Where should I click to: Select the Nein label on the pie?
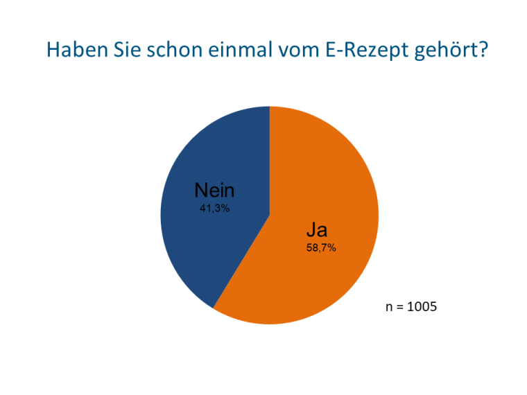(x=214, y=190)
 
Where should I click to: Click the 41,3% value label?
(x=214, y=208)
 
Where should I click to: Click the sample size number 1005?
(x=422, y=306)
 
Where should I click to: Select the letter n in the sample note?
(x=389, y=306)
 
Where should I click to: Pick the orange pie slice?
(x=326, y=173)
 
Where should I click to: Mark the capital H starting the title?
(x=53, y=51)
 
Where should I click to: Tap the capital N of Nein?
(x=200, y=190)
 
